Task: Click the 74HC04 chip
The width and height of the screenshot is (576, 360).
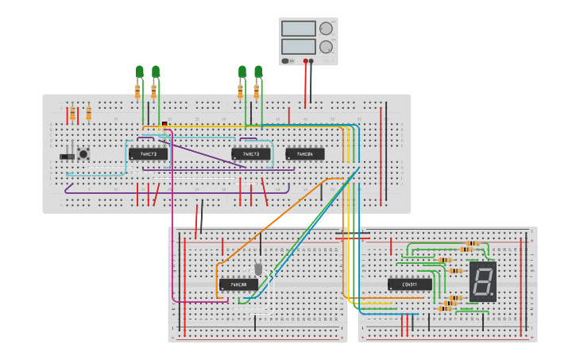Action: [305, 154]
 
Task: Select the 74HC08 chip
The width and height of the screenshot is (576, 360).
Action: [238, 285]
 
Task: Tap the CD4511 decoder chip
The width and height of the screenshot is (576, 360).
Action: [410, 285]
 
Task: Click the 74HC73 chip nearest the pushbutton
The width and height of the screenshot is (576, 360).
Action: [149, 154]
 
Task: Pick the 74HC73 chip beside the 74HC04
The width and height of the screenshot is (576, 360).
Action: [251, 154]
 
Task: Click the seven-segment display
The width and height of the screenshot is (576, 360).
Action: [482, 281]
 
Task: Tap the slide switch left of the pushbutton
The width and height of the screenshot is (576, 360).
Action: [67, 157]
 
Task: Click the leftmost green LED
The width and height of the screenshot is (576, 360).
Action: [140, 72]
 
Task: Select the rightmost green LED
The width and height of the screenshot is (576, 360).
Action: [258, 72]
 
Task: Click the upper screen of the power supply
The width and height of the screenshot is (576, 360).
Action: [298, 29]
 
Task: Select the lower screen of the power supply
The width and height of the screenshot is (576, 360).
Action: [298, 46]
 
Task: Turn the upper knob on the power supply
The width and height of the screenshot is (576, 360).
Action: [326, 29]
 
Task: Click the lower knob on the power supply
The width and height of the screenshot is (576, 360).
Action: [326, 47]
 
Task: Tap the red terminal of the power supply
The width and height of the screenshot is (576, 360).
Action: [305, 60]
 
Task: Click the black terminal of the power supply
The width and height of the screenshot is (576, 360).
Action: [311, 60]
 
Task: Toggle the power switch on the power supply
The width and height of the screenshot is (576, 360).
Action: [288, 60]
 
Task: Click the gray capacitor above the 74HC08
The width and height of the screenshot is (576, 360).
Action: [257, 268]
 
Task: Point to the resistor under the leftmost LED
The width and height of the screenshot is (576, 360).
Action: [137, 91]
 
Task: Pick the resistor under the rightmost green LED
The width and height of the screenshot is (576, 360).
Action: [257, 91]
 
